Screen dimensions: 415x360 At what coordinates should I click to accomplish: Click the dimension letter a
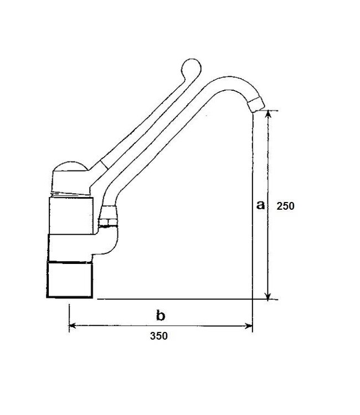260,205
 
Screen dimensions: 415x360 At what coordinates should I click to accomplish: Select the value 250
285,206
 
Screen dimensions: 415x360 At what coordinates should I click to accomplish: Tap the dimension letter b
160,316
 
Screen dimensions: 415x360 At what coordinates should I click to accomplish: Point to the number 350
160,336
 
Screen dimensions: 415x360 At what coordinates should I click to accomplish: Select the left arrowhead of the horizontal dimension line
72,326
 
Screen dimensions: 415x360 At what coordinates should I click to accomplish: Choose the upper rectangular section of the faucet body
71,216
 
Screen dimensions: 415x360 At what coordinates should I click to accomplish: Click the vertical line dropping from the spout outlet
253,210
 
